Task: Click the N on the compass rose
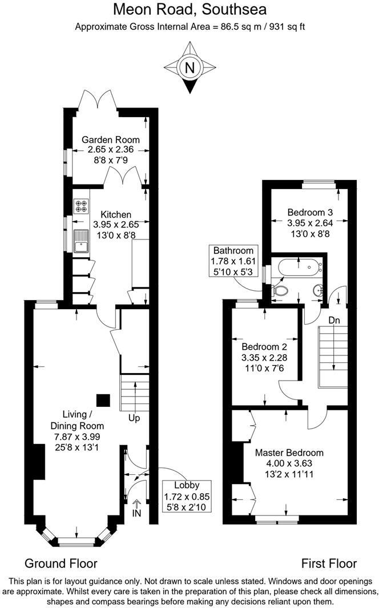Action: (189, 68)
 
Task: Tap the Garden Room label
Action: (111, 139)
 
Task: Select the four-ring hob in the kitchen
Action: (81, 206)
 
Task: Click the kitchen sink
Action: (81, 241)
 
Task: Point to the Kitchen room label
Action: (116, 214)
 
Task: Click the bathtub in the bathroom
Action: (299, 266)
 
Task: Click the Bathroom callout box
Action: (233, 261)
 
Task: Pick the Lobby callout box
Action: (187, 496)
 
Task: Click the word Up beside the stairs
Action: (134, 418)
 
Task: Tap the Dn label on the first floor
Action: (334, 320)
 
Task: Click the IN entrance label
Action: (136, 513)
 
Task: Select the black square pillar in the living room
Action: (103, 401)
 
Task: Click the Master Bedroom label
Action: (289, 453)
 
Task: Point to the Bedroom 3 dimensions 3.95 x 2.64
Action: (310, 223)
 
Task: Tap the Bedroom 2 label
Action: (264, 347)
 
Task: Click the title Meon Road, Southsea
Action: (189, 10)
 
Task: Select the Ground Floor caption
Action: (61, 563)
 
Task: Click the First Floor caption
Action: (329, 563)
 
